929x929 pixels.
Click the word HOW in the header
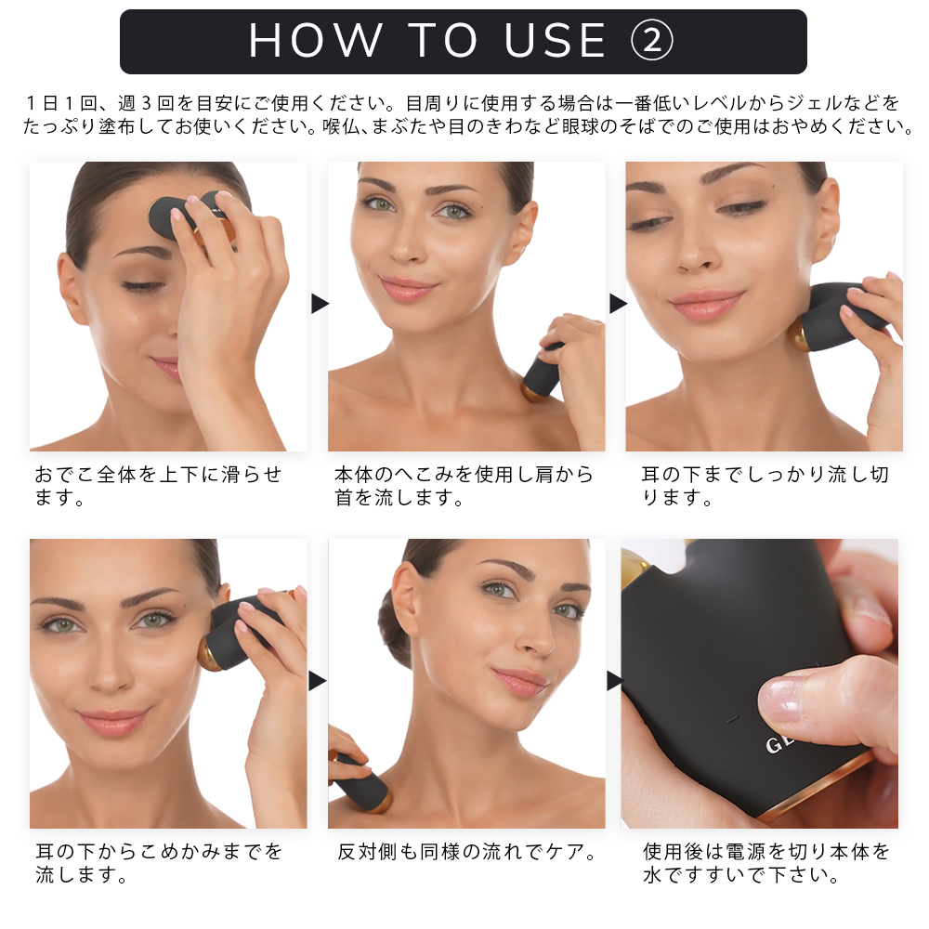[315, 41]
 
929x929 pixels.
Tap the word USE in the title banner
[555, 41]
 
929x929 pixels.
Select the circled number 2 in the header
[651, 41]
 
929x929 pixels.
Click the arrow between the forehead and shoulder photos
[320, 304]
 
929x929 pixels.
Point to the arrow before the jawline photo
[618, 304]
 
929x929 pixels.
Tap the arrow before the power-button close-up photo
[615, 681]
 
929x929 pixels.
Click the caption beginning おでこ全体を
[158, 486]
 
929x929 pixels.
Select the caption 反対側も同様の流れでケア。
[467, 852]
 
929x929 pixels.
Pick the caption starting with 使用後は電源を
[766, 863]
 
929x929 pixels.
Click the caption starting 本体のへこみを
[464, 486]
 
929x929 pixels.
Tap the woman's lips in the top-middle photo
[407, 288]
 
